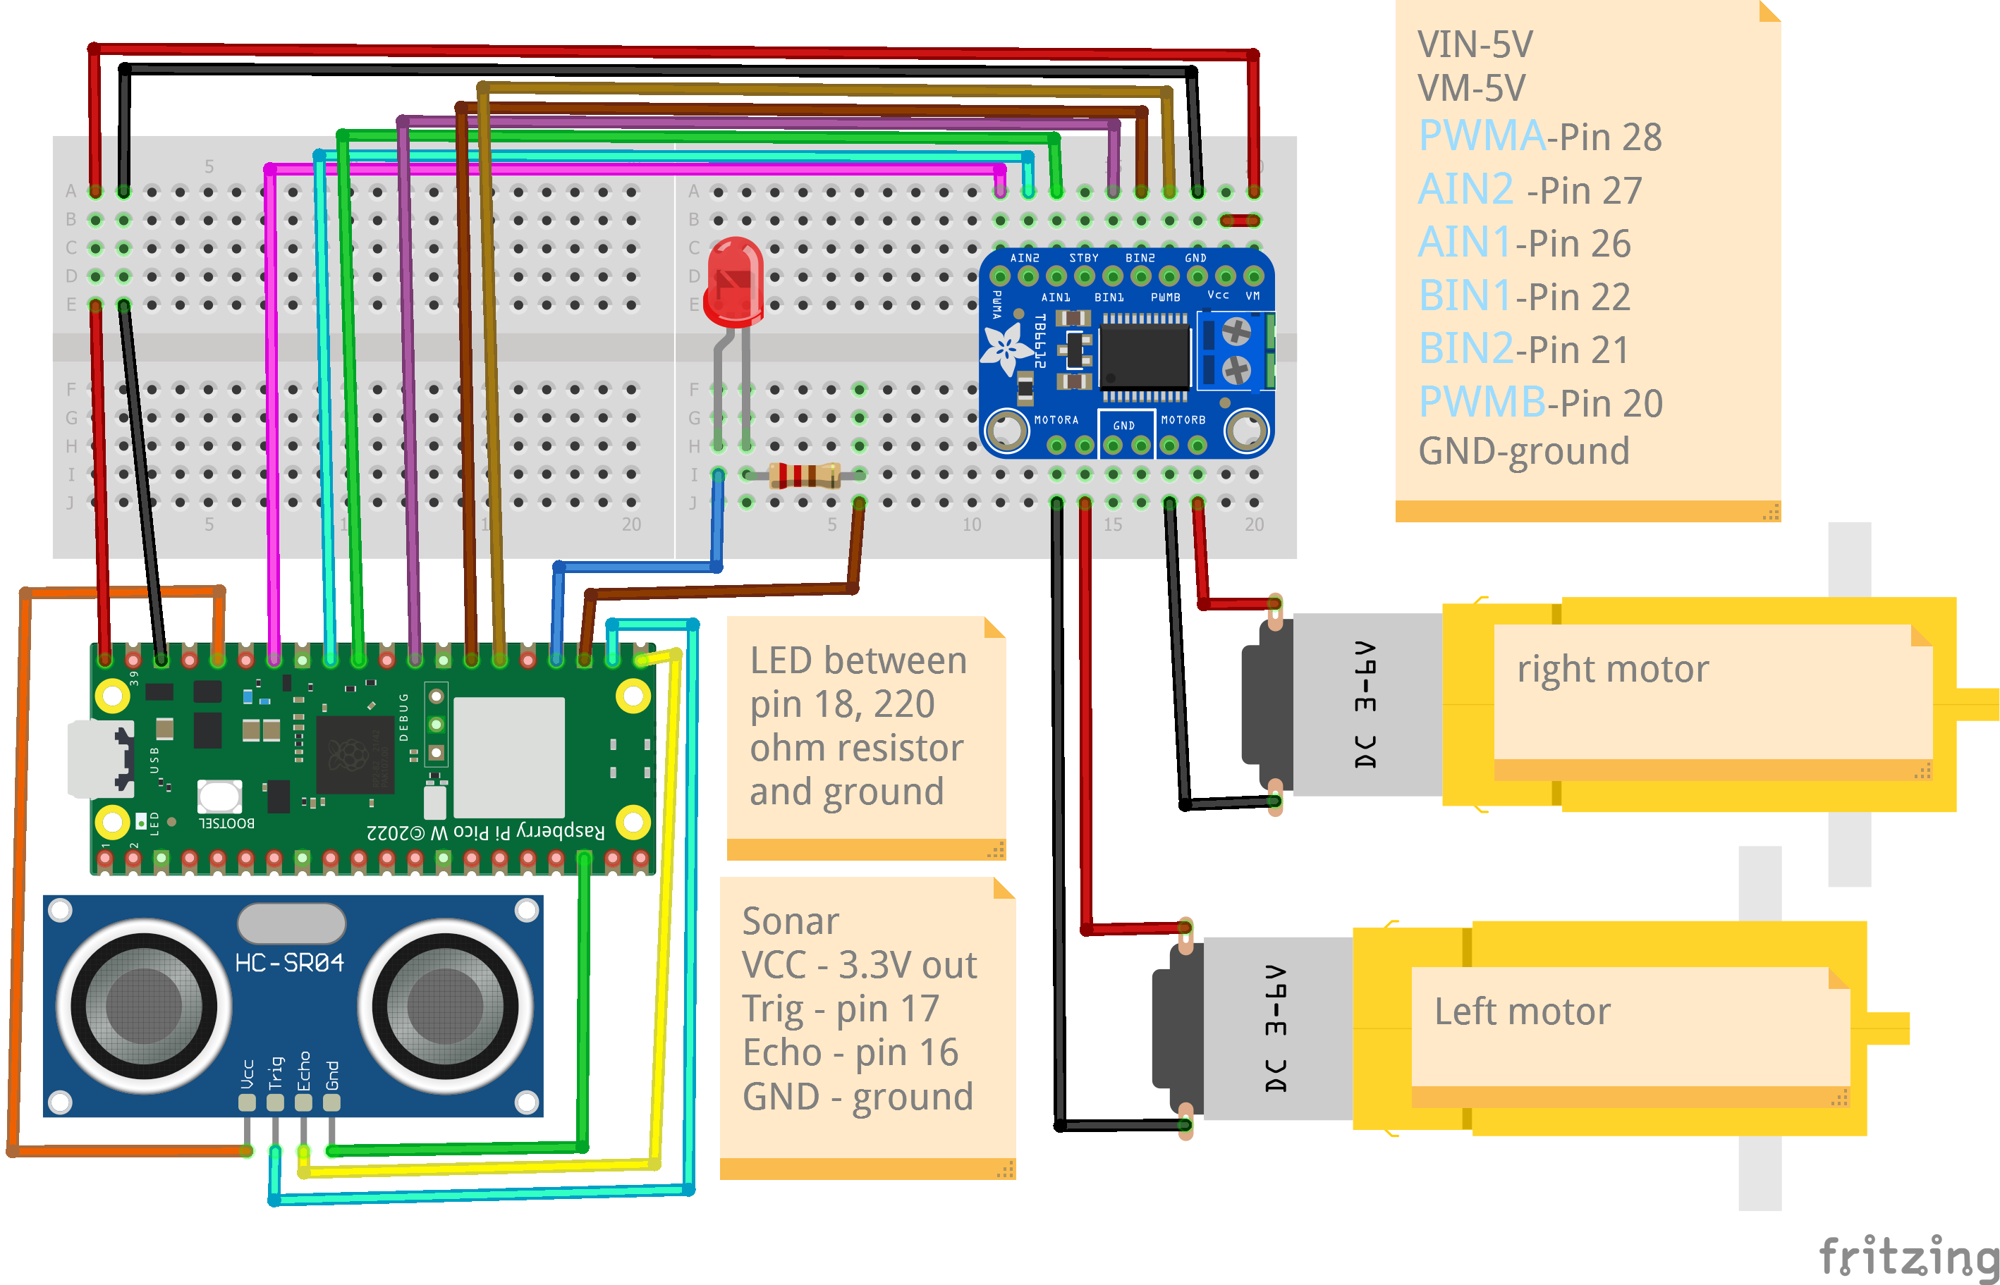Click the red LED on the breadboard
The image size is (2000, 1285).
[733, 280]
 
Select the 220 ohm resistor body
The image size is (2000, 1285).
[804, 475]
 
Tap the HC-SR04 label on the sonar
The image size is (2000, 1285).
[289, 963]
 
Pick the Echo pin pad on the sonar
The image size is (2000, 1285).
[303, 1102]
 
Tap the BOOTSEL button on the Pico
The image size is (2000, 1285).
[219, 796]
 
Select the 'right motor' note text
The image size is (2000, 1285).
[1613, 669]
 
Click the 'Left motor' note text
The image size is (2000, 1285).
[1522, 1012]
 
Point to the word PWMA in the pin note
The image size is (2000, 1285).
[1481, 135]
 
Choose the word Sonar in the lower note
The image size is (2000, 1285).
[790, 921]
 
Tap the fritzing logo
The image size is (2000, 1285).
[1908, 1258]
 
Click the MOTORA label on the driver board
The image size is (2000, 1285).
[1056, 419]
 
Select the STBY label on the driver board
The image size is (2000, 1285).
[1083, 258]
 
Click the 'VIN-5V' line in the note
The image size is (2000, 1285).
[1474, 44]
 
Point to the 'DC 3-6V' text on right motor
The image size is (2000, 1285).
[1365, 704]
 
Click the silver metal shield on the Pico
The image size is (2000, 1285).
[508, 758]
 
